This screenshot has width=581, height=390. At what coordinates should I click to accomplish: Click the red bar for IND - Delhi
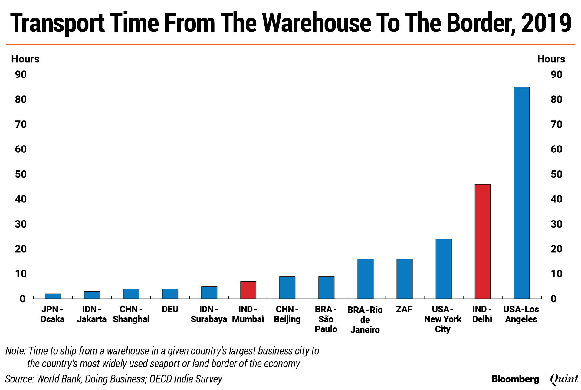[x=482, y=241]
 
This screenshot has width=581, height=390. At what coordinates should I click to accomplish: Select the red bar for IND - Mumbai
[x=248, y=290]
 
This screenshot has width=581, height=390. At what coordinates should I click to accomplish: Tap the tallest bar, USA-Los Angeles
[x=521, y=193]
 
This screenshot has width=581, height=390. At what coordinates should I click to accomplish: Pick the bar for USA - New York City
[x=443, y=269]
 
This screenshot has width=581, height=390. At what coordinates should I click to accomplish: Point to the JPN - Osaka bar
[x=53, y=296]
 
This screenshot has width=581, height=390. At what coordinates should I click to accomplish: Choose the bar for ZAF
[x=404, y=279]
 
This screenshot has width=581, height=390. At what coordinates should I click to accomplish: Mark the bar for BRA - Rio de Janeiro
[x=365, y=279]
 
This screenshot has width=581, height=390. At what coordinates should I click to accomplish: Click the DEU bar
[x=170, y=294]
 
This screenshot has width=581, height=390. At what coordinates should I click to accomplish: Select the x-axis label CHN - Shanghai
[x=131, y=314]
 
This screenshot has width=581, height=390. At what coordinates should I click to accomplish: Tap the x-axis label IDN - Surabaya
[x=209, y=314]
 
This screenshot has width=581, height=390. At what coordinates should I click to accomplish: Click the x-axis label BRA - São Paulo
[x=326, y=319]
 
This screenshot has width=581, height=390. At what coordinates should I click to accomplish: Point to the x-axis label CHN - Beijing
[x=287, y=314]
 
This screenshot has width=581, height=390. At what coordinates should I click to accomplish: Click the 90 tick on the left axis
[x=21, y=74]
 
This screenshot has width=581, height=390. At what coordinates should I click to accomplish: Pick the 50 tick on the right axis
[x=556, y=174]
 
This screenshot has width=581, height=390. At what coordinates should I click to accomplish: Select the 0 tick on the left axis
[x=22, y=299]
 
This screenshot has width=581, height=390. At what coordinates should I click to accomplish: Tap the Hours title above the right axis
[x=551, y=59]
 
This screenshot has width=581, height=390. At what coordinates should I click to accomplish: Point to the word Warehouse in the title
[x=317, y=23]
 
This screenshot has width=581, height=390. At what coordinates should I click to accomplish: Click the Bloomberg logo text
[x=515, y=379]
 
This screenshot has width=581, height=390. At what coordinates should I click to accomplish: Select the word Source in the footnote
[x=19, y=379]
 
